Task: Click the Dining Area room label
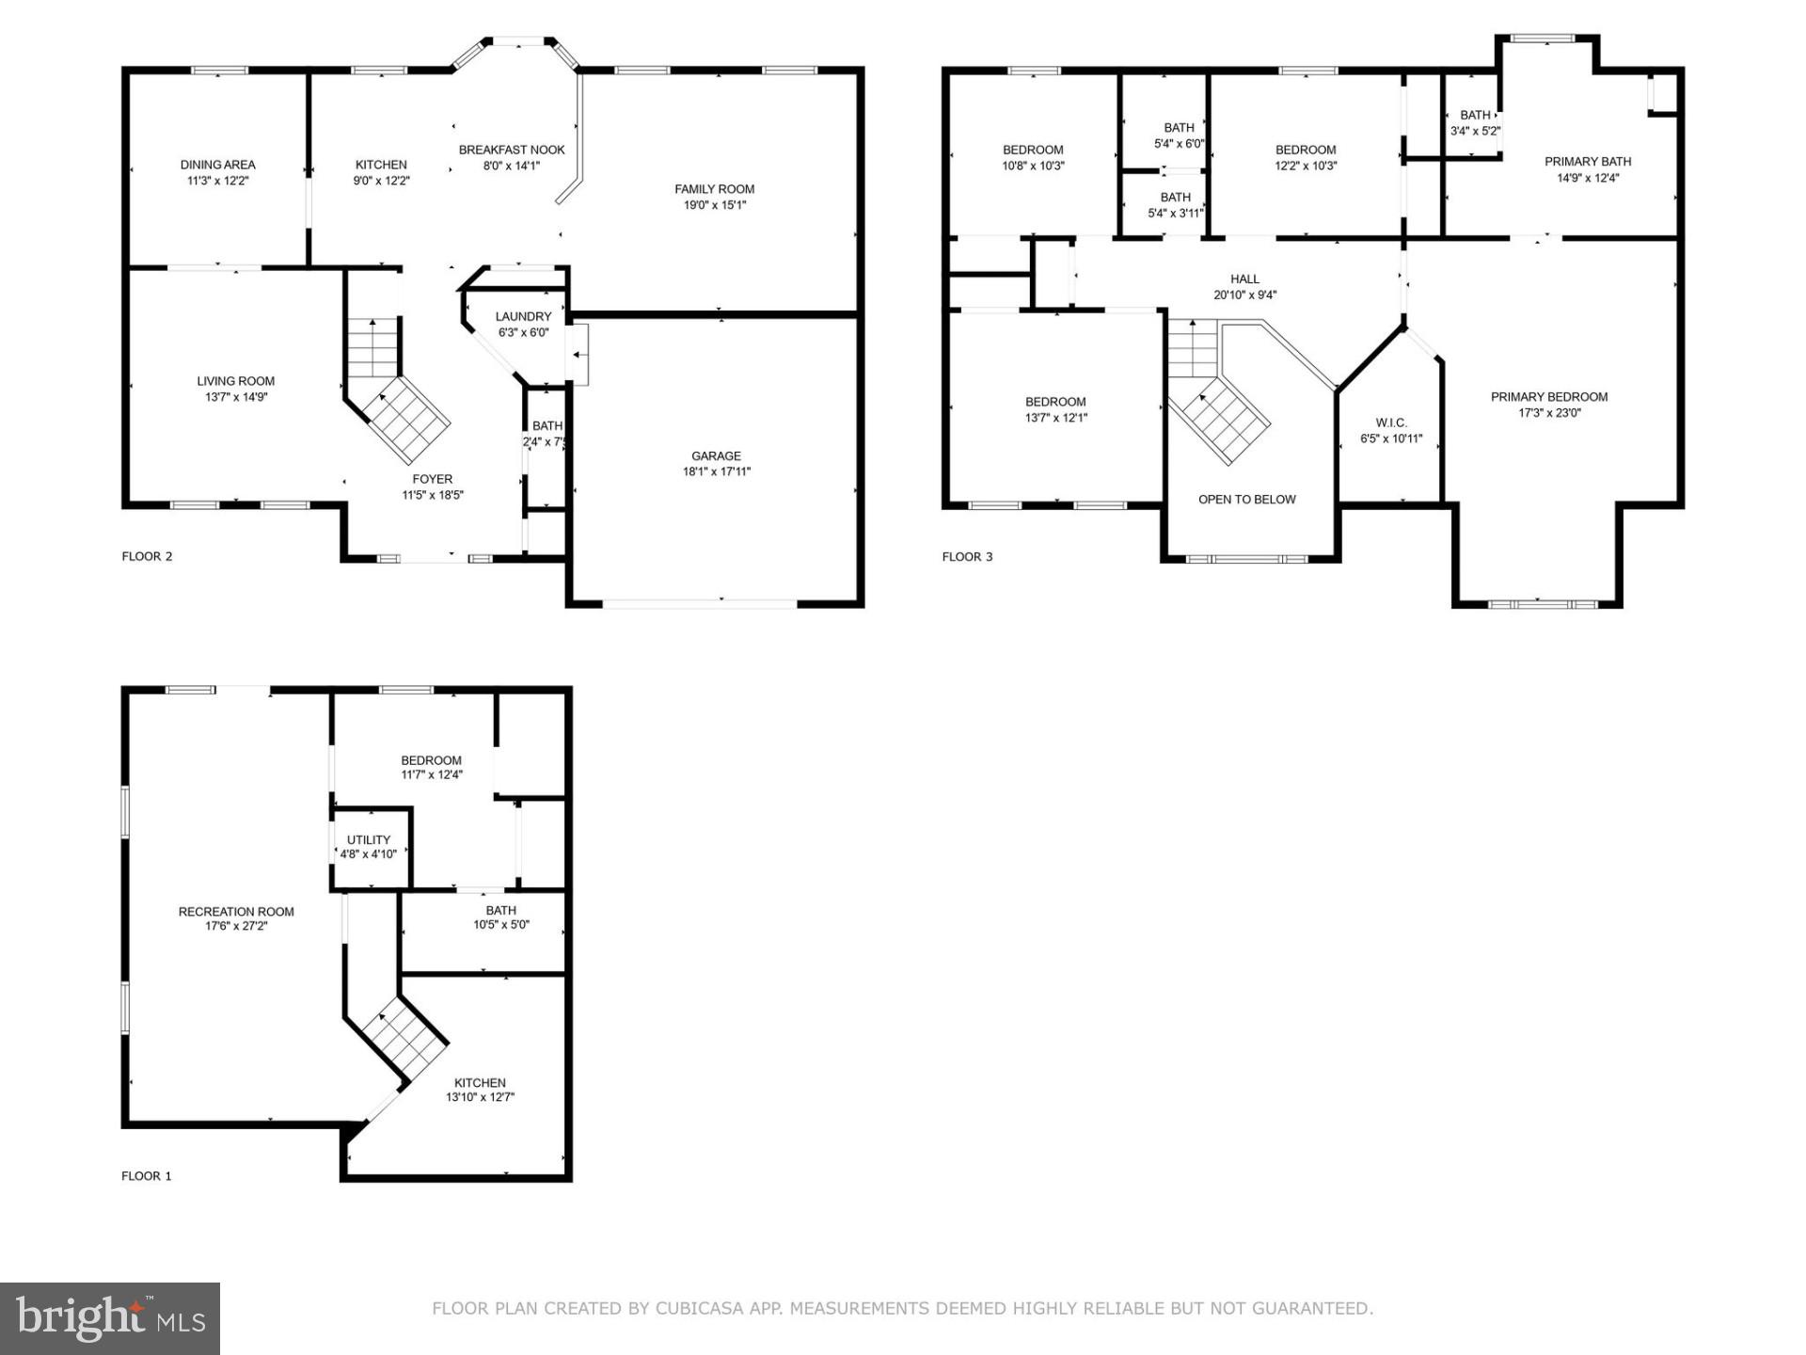(x=217, y=165)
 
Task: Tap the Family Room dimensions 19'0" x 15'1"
(x=714, y=205)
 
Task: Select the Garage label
(x=716, y=456)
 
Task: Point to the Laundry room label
(x=523, y=317)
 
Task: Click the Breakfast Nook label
(x=512, y=150)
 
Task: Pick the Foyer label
(x=432, y=479)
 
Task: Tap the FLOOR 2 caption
(x=147, y=556)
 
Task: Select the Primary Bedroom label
(x=1548, y=397)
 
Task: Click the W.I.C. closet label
(x=1390, y=422)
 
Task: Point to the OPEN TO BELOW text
(x=1246, y=500)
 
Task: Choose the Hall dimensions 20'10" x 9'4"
(x=1244, y=295)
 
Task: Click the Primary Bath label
(x=1587, y=162)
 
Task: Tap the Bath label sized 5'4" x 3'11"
(x=1175, y=198)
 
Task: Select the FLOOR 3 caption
(x=967, y=557)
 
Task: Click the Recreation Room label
(x=236, y=911)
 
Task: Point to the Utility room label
(x=368, y=840)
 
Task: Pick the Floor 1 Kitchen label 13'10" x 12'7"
(x=480, y=1083)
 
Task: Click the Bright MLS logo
(x=110, y=1318)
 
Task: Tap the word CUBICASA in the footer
(x=700, y=1308)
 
